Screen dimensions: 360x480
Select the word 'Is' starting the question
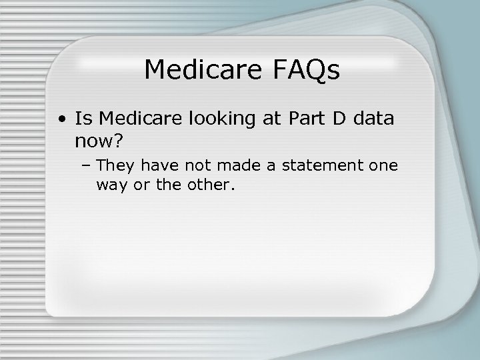[x=83, y=119]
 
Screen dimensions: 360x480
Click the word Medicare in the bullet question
[x=141, y=119]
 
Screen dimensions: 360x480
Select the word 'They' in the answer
[x=115, y=165]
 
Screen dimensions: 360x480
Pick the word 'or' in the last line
[x=141, y=185]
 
